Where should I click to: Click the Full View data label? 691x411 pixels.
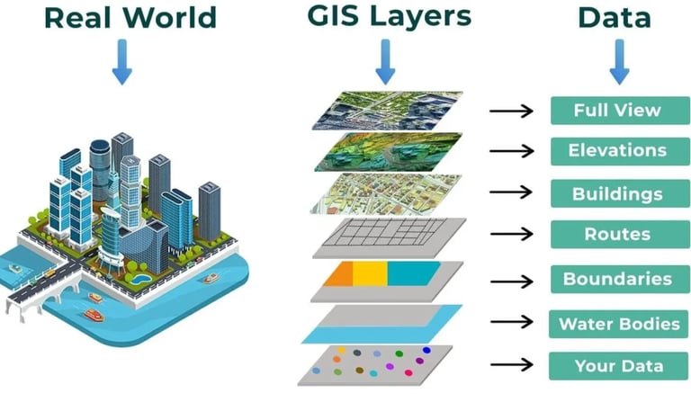pyautogui.click(x=617, y=111)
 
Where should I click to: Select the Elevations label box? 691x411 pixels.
pyautogui.click(x=617, y=151)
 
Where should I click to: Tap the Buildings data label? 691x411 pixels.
pyautogui.click(x=617, y=193)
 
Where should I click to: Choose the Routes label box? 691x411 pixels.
pyautogui.click(x=617, y=235)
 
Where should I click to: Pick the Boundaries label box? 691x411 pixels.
pyautogui.click(x=617, y=279)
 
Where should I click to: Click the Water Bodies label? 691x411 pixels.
pyautogui.click(x=619, y=323)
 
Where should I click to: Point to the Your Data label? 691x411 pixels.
pyautogui.click(x=619, y=365)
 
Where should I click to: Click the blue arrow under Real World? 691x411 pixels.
pyautogui.click(x=121, y=65)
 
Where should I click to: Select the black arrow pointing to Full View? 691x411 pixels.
pyautogui.click(x=512, y=112)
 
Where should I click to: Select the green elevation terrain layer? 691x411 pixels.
pyautogui.click(x=387, y=152)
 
